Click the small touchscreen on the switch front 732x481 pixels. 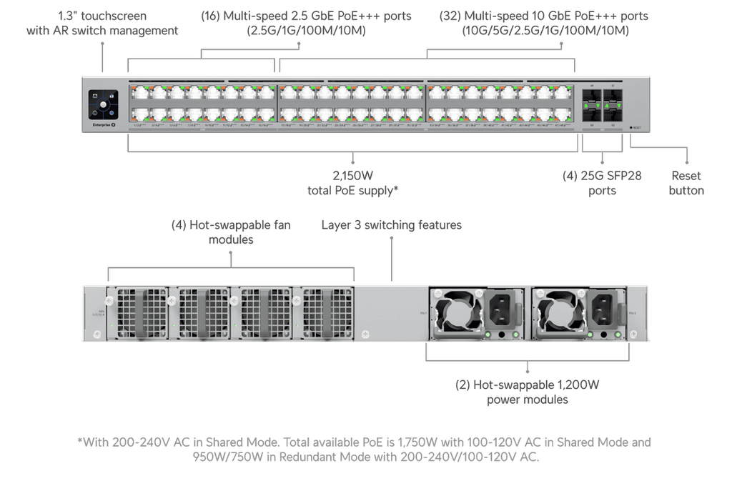(102, 104)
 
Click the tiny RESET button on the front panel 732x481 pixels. (632, 127)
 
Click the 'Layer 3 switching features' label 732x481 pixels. (391, 225)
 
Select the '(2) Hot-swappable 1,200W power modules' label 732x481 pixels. (527, 392)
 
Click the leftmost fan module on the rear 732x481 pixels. (140, 313)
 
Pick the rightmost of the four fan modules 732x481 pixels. (326, 313)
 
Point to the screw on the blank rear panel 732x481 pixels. (366, 334)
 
